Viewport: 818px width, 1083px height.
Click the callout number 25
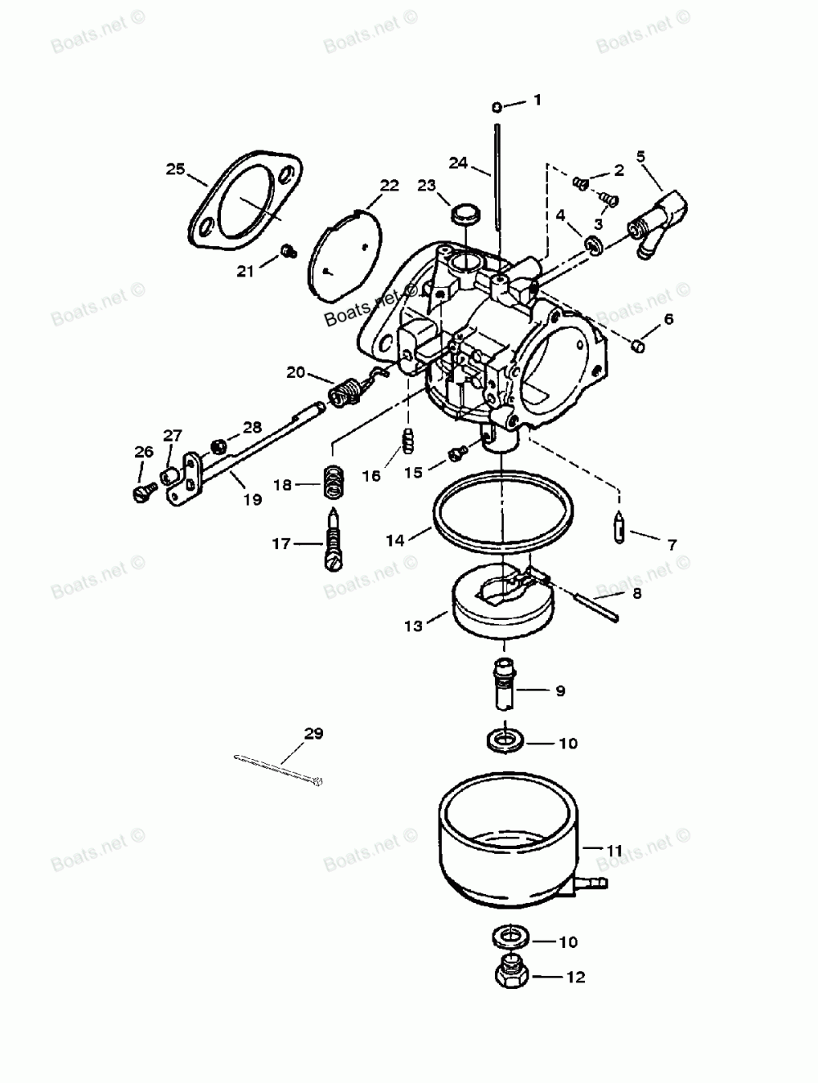(x=175, y=169)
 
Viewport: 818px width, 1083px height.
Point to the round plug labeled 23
(x=463, y=215)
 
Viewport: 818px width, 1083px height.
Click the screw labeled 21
(x=287, y=250)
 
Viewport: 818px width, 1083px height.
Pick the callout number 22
(x=389, y=186)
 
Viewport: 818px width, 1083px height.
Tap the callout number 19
(x=252, y=499)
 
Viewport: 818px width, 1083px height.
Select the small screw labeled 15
(x=456, y=451)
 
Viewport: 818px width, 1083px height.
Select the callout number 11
(x=614, y=851)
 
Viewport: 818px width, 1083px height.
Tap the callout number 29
(x=313, y=734)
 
